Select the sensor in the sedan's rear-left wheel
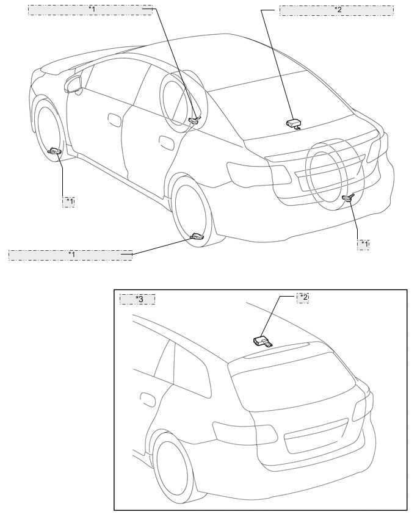tap(197, 236)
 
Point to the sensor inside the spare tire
tap(349, 197)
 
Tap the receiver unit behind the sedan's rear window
tap(294, 123)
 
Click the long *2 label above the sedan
tap(336, 10)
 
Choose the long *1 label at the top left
tap(90, 10)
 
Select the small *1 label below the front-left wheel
tap(68, 201)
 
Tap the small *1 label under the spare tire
tap(363, 244)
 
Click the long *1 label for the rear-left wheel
tap(70, 255)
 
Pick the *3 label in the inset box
tap(138, 299)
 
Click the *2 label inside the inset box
tap(303, 297)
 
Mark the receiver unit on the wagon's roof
tap(262, 340)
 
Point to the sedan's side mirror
tap(74, 85)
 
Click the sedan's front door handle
tap(114, 117)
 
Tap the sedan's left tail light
tap(257, 173)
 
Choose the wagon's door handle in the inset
tap(147, 400)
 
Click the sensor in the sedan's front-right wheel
tap(195, 120)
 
